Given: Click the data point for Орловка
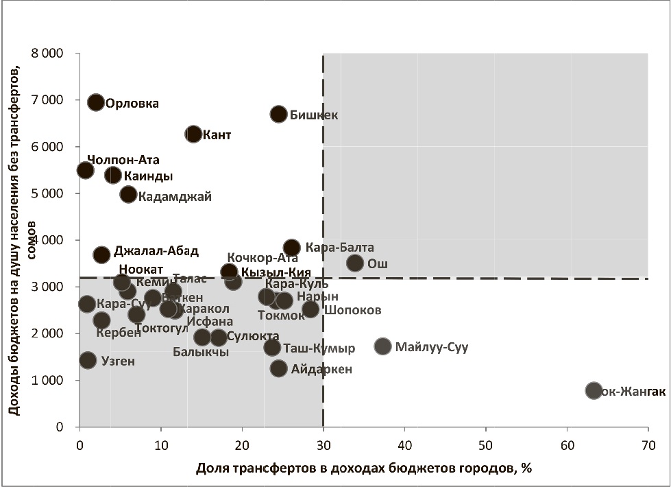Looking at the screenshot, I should (x=96, y=102).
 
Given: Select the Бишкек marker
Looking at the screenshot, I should (x=278, y=114).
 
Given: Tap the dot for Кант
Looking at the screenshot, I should (x=193, y=134).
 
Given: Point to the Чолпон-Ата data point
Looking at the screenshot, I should (x=86, y=170).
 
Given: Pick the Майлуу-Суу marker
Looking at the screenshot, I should (x=382, y=346).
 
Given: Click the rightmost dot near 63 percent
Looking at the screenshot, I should (x=594, y=390).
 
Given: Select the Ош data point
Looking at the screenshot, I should (x=354, y=263).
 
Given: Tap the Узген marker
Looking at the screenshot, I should (x=88, y=359).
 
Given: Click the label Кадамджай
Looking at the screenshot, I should (x=175, y=196).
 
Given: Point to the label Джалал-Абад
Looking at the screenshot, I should (x=156, y=251).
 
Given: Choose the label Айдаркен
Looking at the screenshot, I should (x=321, y=369).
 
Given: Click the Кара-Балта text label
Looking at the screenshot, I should (x=340, y=248).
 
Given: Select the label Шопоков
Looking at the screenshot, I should (x=352, y=310).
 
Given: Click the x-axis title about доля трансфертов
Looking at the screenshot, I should (x=364, y=468).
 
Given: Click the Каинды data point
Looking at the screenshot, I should (x=113, y=175).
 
